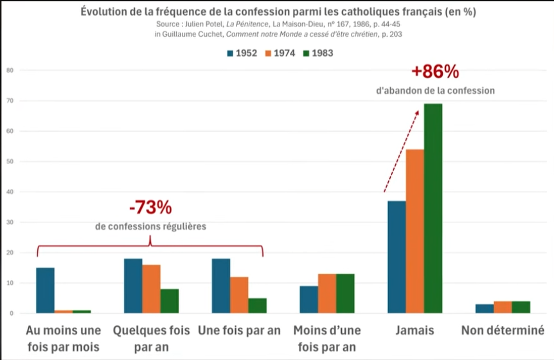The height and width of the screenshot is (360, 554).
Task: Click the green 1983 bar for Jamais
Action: point(433,208)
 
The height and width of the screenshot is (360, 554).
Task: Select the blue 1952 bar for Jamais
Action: point(397,257)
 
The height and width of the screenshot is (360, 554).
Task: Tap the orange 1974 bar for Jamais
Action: point(415,231)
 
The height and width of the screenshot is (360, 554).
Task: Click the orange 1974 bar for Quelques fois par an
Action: point(151,289)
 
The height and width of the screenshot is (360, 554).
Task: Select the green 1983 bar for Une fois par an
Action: point(257,305)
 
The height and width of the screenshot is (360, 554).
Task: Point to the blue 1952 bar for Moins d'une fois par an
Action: point(308,300)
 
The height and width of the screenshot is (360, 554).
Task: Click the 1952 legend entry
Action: point(241,53)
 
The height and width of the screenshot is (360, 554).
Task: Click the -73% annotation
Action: point(150,208)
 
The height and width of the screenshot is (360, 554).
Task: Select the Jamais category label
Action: point(415,330)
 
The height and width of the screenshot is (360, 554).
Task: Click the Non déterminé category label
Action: point(503,330)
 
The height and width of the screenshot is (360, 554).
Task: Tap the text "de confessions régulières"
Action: point(150,226)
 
